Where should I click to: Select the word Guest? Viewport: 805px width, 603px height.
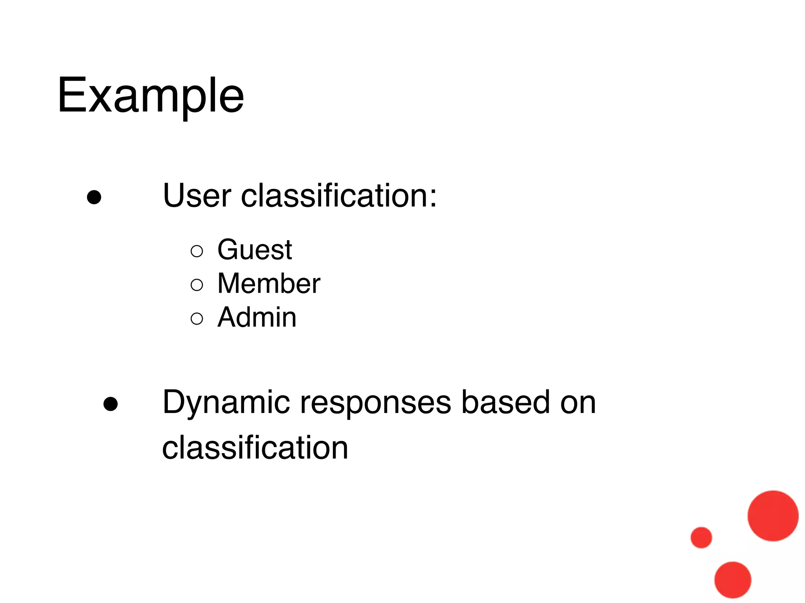(x=255, y=250)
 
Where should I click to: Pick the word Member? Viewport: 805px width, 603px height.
(x=269, y=284)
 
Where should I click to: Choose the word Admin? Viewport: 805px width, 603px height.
(x=257, y=318)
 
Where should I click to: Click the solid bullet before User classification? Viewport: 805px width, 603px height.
(x=94, y=197)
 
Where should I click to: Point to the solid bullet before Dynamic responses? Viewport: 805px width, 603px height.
(x=110, y=404)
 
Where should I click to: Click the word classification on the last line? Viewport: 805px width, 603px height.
(x=255, y=448)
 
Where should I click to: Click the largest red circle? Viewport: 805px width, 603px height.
(x=773, y=516)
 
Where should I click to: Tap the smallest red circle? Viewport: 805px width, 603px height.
(x=701, y=537)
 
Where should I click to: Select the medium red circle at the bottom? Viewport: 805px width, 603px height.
(x=733, y=580)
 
